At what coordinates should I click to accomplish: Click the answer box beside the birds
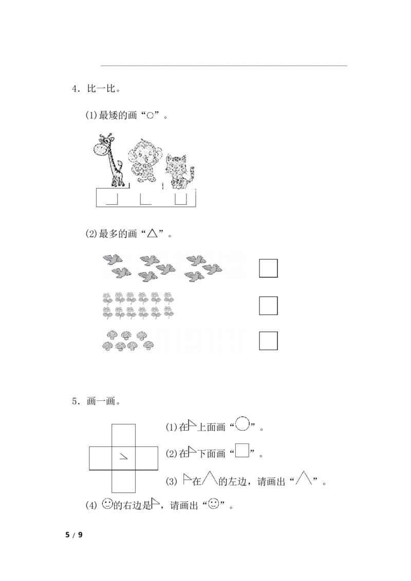[268, 268]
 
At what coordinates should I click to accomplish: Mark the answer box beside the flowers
[268, 306]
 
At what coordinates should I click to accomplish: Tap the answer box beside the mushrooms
[268, 341]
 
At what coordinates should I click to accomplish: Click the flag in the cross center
[123, 457]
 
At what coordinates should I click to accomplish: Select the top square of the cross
[123, 435]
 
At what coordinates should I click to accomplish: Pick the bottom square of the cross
[123, 481]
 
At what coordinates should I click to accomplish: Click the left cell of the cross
[101, 458]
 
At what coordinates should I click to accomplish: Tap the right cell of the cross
[147, 458]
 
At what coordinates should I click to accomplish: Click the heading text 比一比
[101, 89]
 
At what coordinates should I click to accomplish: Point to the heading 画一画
[101, 401]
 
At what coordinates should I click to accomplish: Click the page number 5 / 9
[74, 535]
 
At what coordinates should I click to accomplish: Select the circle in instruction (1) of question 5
[242, 423]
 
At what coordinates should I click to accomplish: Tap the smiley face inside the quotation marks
[214, 504]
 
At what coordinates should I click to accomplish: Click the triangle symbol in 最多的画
[153, 233]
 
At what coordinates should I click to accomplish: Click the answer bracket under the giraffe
[111, 199]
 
